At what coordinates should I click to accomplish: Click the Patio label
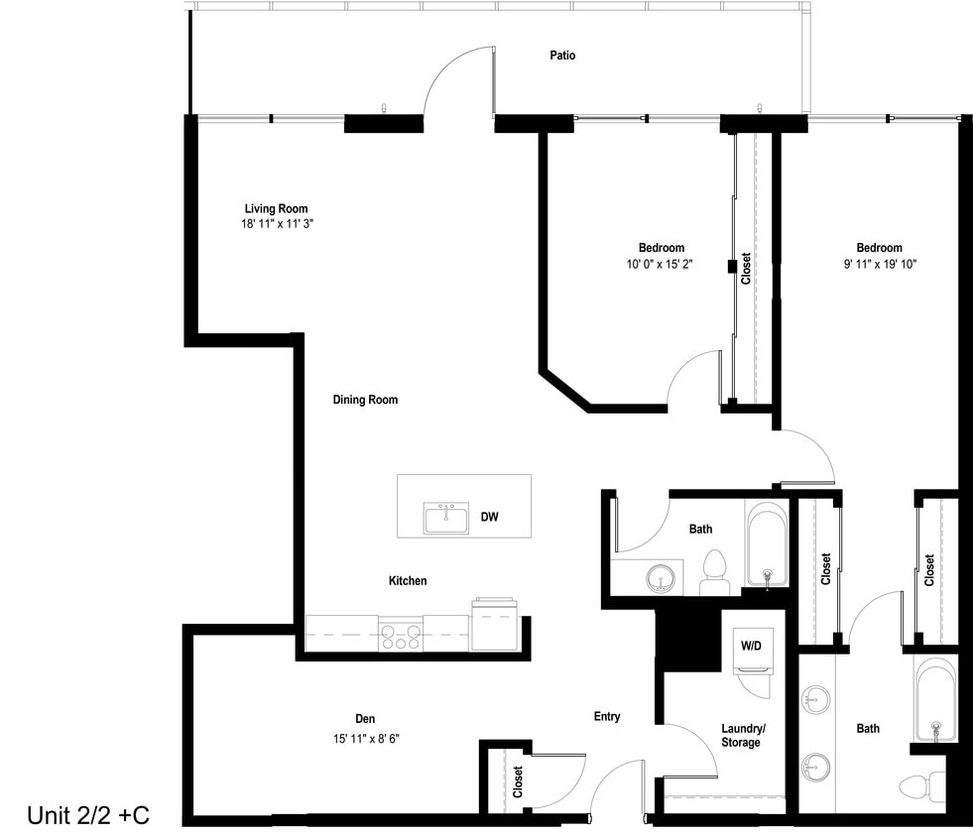point(562,56)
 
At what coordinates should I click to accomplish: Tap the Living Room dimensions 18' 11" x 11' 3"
point(277,224)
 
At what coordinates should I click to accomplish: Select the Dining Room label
point(365,400)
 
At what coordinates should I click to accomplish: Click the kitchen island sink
point(446,518)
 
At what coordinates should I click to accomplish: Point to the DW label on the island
point(489,517)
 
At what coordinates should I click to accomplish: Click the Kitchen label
point(407,580)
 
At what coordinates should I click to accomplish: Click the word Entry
point(607,716)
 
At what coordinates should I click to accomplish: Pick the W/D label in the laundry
point(751,646)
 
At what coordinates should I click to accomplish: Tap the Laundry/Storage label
point(741,735)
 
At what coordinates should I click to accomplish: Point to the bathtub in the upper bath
point(767,546)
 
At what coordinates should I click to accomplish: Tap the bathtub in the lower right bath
point(935,703)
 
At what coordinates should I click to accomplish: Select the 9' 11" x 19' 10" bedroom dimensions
point(880,265)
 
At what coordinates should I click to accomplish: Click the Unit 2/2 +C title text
point(87,815)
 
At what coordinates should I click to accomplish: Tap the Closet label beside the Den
point(518,781)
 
